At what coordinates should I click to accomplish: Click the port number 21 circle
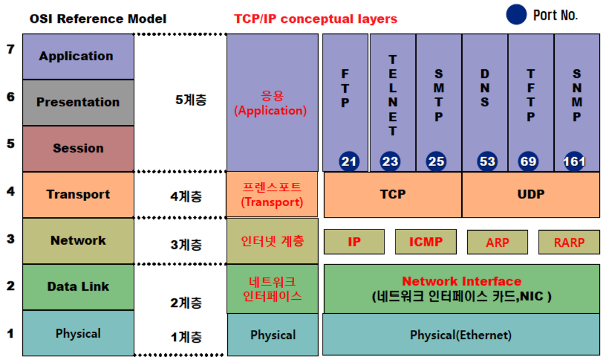coord(349,162)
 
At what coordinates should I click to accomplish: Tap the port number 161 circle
coord(574,162)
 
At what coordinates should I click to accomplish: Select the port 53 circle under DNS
coord(486,162)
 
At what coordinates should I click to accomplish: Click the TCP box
coord(393,194)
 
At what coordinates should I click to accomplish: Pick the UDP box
coord(530,194)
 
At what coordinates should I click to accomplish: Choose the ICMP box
coord(426,242)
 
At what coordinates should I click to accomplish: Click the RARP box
coord(569,242)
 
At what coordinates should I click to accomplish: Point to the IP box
coord(354,242)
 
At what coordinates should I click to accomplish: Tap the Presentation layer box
coord(78,103)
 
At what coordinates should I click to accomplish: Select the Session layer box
coord(78,148)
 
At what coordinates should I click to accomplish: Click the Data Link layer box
coord(78,287)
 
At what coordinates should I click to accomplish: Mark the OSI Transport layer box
coord(78,194)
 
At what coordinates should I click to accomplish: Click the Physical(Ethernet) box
coord(461,335)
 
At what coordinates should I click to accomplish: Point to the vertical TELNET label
coord(393,95)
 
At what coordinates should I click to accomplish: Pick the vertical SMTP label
coord(439,95)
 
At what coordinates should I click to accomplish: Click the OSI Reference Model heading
coord(97,19)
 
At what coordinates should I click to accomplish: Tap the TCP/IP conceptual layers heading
coord(316,19)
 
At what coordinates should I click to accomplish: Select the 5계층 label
coord(190,100)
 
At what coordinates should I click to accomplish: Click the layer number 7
coord(10,50)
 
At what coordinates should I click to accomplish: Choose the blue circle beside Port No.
coord(516,15)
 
